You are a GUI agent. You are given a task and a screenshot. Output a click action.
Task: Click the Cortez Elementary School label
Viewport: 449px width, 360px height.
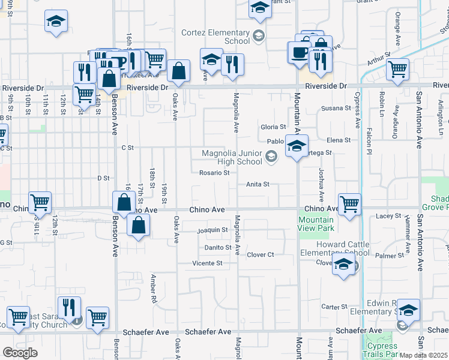(x=221, y=37)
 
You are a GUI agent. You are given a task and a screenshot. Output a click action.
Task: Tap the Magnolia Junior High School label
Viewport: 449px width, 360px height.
(x=232, y=157)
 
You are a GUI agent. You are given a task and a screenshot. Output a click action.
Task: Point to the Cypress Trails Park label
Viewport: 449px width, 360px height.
(x=382, y=350)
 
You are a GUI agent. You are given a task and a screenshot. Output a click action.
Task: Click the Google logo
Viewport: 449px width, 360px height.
(x=20, y=353)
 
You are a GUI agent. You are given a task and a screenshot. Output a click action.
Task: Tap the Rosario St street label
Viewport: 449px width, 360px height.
(x=214, y=173)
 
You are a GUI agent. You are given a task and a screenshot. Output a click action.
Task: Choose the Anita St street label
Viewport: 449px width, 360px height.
(x=258, y=184)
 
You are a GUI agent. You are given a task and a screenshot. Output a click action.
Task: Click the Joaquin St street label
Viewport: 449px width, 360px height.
(x=212, y=230)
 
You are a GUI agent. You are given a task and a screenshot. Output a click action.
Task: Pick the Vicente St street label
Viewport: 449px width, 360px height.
(x=207, y=263)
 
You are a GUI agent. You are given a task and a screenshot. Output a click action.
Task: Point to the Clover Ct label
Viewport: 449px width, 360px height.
(x=261, y=254)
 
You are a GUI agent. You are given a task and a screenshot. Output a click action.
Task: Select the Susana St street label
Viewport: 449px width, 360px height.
(x=336, y=108)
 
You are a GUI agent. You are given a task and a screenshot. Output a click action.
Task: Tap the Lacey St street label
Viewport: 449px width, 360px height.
(x=388, y=215)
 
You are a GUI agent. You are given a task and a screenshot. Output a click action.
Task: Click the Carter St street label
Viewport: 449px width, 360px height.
(x=331, y=307)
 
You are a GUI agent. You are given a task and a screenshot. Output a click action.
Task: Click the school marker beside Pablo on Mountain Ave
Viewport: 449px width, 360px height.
(x=296, y=146)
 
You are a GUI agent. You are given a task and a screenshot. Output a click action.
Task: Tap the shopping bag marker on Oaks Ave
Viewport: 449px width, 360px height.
(x=179, y=71)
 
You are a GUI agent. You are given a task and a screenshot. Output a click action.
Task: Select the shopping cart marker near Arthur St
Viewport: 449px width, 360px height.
(x=397, y=70)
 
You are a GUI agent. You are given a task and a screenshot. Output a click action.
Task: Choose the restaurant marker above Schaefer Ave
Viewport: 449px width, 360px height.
(x=69, y=308)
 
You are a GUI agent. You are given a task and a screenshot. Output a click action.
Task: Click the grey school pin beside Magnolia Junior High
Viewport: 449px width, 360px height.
(x=271, y=157)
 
